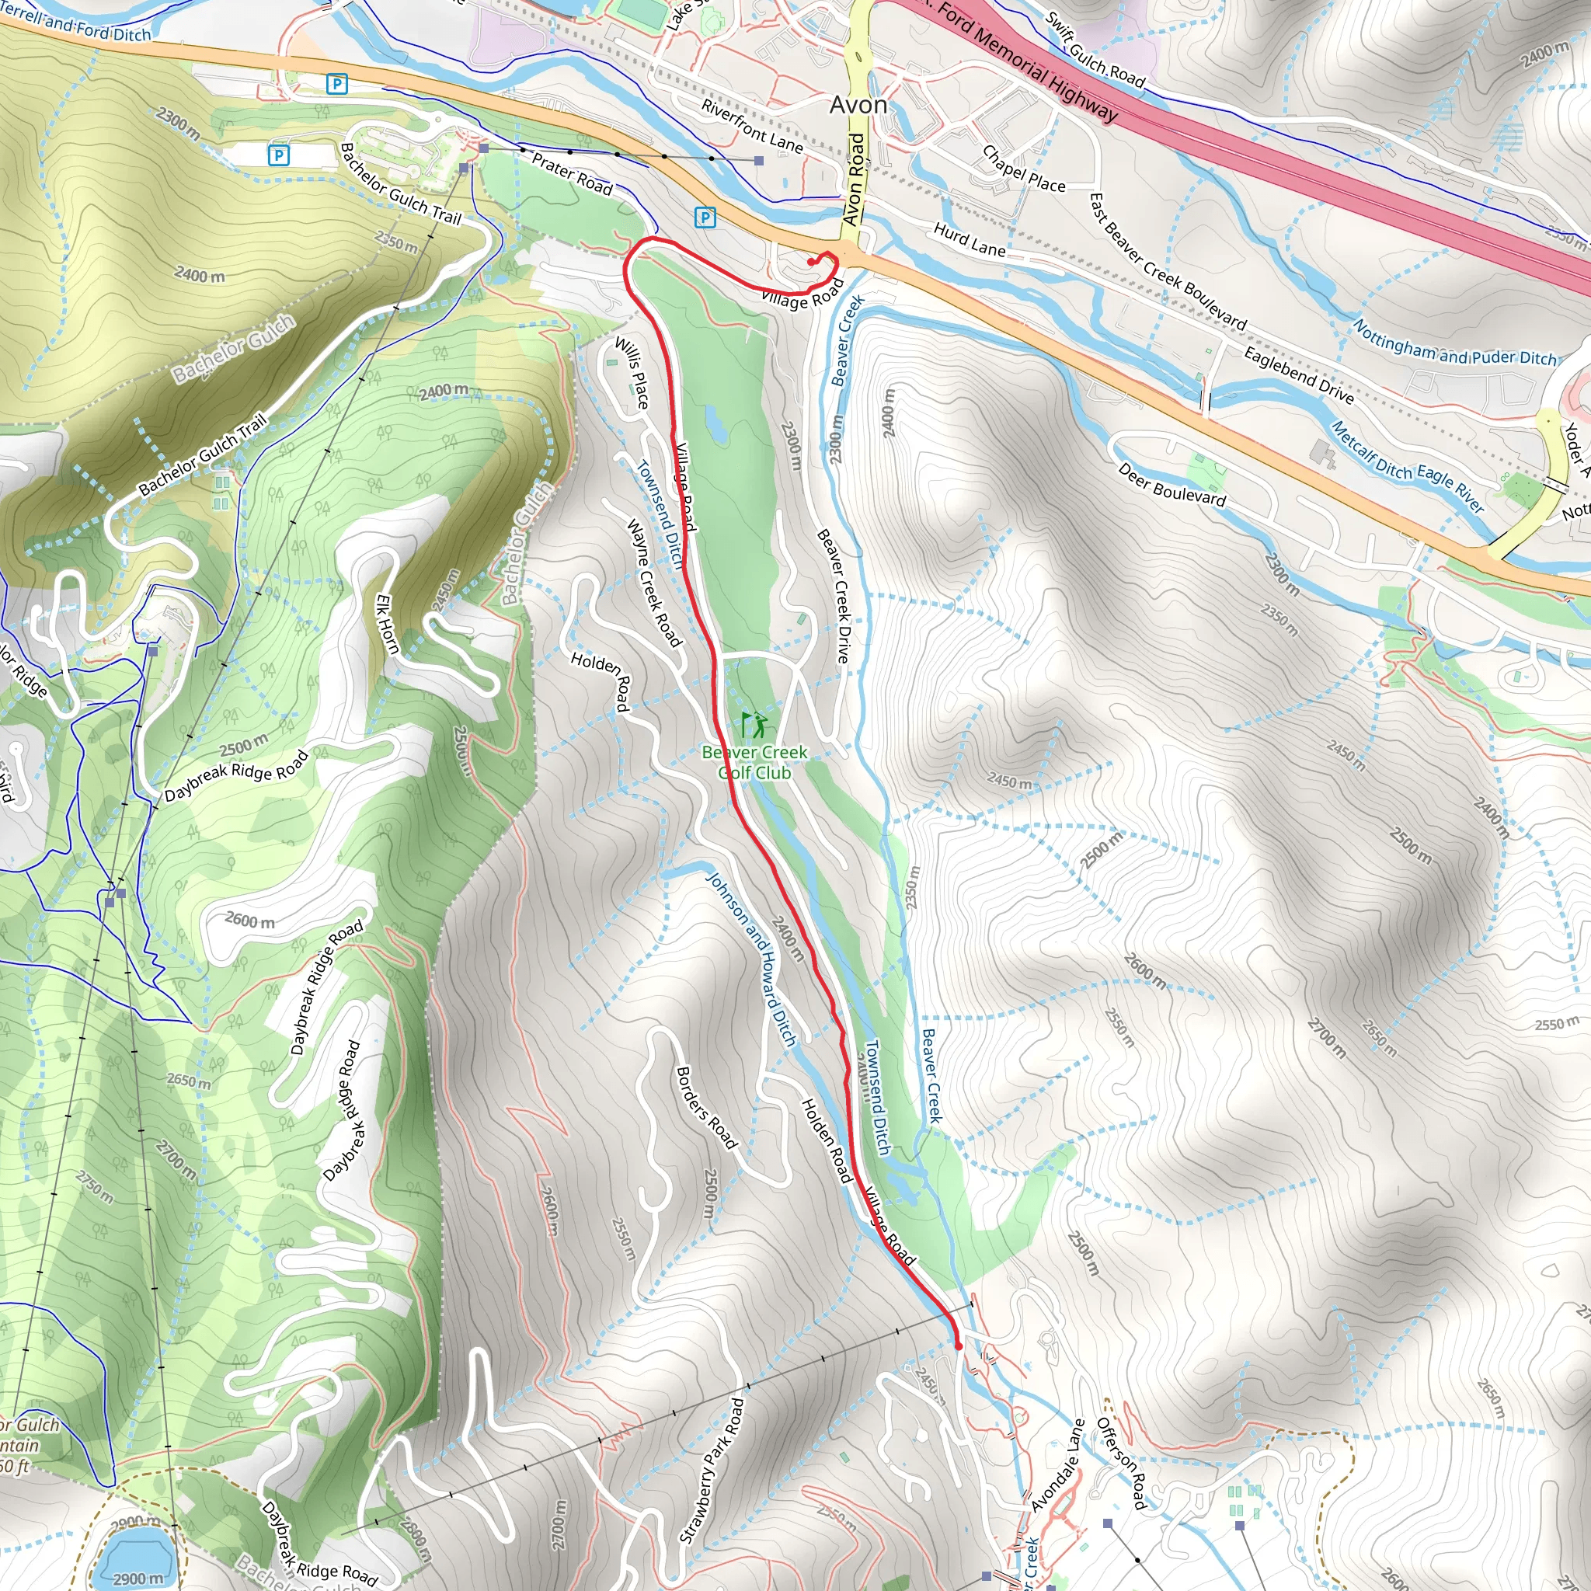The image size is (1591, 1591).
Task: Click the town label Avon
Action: tap(858, 106)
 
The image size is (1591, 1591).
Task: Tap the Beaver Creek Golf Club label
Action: tap(754, 763)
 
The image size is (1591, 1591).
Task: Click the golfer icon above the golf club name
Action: tap(754, 726)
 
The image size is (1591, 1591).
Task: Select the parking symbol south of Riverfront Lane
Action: tap(705, 218)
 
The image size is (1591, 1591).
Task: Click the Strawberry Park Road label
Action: tap(712, 1470)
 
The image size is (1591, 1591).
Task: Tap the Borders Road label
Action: tap(705, 1108)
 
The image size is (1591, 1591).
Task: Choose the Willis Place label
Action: tap(632, 373)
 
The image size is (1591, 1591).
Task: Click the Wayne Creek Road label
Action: tap(654, 582)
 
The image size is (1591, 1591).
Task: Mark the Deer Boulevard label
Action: tap(1171, 485)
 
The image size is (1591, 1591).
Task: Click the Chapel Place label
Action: tap(1024, 169)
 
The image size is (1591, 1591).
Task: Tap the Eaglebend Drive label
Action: tap(1298, 375)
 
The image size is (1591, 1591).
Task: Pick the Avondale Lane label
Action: tap(1059, 1465)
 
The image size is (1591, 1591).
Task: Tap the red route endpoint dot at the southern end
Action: tap(958, 1346)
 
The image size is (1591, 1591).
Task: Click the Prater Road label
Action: tap(573, 175)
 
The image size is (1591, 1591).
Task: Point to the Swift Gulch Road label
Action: tap(1095, 51)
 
